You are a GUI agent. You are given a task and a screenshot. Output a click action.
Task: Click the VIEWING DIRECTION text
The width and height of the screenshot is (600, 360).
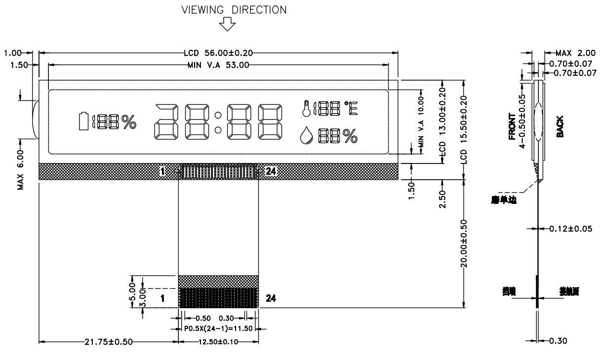tap(234, 9)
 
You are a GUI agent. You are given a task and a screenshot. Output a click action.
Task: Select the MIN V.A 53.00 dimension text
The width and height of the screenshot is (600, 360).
tap(218, 65)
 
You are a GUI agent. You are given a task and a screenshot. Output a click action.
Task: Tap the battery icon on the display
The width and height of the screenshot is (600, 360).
tap(84, 121)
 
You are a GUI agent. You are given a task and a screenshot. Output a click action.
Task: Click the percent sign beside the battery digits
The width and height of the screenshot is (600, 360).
tap(129, 122)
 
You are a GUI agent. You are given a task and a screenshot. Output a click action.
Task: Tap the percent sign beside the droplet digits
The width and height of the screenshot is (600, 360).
tap(350, 137)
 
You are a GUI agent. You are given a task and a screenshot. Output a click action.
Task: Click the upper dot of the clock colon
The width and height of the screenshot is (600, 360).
tap(218, 116)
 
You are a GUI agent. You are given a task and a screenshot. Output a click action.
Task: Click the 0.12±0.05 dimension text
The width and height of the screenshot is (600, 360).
tap(567, 229)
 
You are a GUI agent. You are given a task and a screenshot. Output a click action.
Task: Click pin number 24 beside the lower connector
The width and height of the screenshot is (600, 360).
tap(271, 298)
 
